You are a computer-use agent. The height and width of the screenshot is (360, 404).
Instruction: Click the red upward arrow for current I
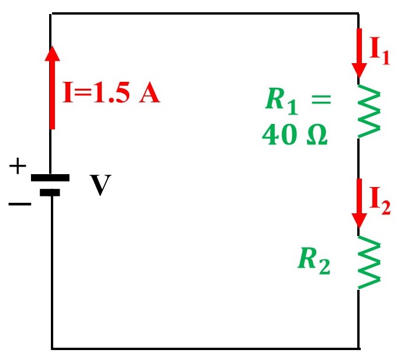[52, 88]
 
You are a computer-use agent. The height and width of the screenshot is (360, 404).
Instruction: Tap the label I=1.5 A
[111, 94]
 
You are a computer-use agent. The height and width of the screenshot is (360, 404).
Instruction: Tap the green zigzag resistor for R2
[368, 263]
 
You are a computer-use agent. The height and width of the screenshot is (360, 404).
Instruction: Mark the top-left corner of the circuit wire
[51, 13]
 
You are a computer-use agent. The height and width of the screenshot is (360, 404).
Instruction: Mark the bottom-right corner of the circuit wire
[358, 348]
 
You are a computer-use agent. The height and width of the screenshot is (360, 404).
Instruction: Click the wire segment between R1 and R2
[358, 158]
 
